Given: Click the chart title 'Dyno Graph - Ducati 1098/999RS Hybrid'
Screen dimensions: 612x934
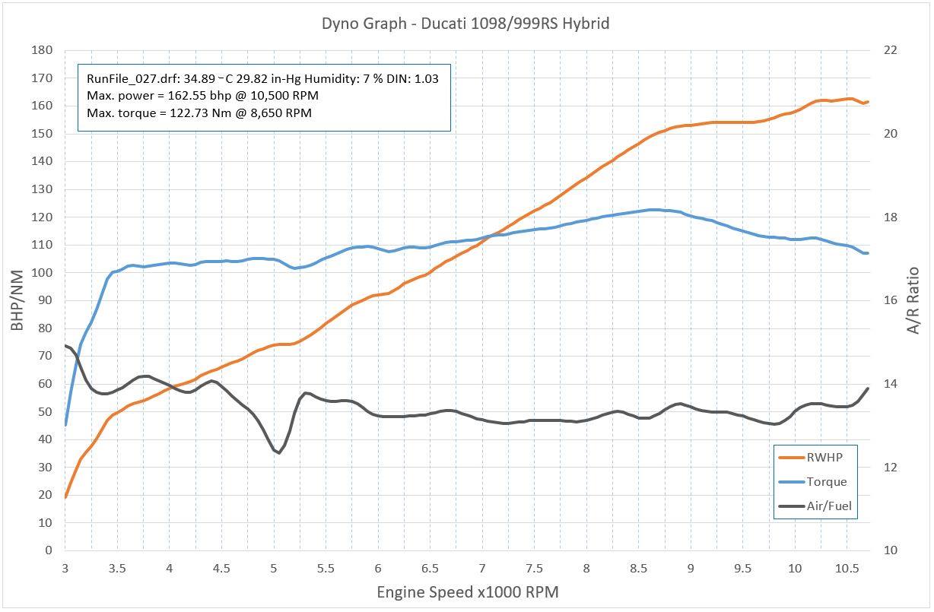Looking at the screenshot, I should pos(465,24).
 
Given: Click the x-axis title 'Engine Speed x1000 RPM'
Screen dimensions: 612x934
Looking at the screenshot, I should pos(467,591).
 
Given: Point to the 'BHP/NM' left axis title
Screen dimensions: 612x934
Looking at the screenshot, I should pos(18,300).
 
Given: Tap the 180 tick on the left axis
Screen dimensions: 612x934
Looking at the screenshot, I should pos(42,50).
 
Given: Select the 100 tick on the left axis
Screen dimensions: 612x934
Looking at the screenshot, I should pos(42,272).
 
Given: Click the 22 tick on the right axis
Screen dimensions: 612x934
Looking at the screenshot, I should pos(889,50).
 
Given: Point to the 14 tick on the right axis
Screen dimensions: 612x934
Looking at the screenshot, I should pos(889,384).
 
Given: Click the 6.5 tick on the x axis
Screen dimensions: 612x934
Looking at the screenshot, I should pos(430,568).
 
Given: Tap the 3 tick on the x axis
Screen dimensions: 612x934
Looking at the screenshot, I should pos(65,568).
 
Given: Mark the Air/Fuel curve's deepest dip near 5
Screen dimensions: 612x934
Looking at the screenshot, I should pos(278,453).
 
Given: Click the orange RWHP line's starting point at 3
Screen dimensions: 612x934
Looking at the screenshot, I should pos(65,497).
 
